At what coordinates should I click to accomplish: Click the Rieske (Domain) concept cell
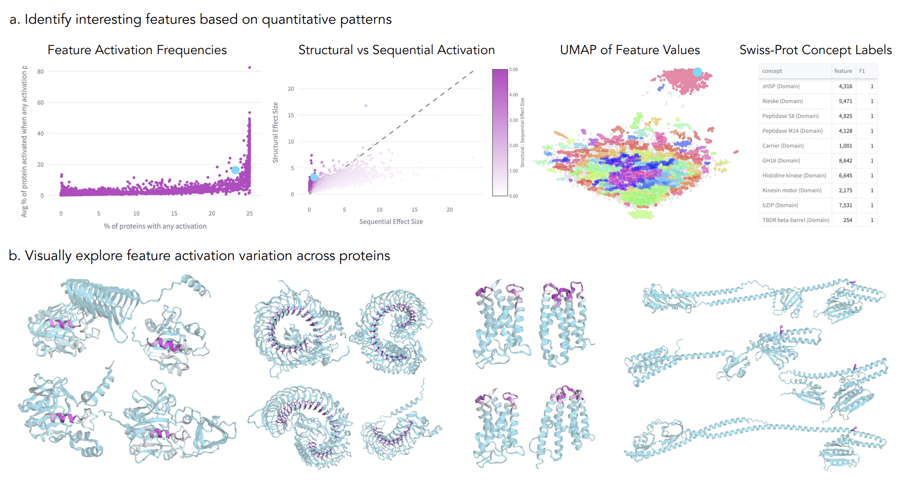pyautogui.click(x=782, y=101)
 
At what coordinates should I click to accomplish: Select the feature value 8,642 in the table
pyautogui.click(x=845, y=161)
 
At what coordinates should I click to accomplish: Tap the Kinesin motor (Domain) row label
pyautogui.click(x=792, y=190)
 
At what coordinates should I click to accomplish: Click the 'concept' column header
pyautogui.click(x=772, y=71)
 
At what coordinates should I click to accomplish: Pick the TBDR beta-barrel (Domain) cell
pyautogui.click(x=795, y=220)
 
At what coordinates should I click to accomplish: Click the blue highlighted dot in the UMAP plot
pyautogui.click(x=697, y=72)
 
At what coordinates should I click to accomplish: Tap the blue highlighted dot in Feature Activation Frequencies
pyautogui.click(x=235, y=170)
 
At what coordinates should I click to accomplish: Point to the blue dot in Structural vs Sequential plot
pyautogui.click(x=314, y=177)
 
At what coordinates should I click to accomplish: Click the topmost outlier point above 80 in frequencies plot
pyautogui.click(x=250, y=67)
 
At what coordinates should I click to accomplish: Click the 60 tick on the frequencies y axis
pyautogui.click(x=40, y=103)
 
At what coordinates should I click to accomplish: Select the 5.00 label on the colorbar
pyautogui.click(x=513, y=70)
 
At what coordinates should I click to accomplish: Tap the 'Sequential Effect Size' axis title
pyautogui.click(x=391, y=222)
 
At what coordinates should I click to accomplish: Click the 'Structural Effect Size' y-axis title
pyautogui.click(x=275, y=132)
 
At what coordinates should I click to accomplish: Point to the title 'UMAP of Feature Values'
pyautogui.click(x=630, y=50)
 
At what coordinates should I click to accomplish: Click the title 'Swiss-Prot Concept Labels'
pyautogui.click(x=815, y=50)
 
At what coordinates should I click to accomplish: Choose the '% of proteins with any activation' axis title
pyautogui.click(x=155, y=226)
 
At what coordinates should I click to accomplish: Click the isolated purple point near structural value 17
pyautogui.click(x=366, y=105)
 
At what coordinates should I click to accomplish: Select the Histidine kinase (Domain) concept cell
pyautogui.click(x=794, y=176)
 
